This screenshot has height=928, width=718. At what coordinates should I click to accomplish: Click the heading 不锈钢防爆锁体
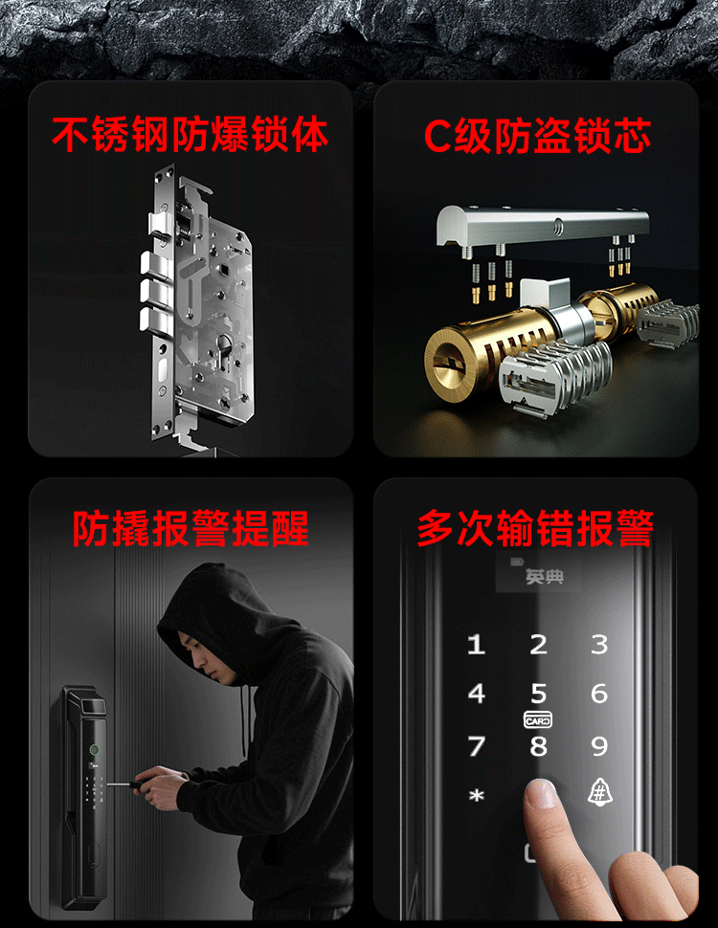point(190,134)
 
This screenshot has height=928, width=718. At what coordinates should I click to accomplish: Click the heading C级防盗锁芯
point(537,136)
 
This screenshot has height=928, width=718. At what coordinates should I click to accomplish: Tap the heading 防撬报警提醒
point(191,528)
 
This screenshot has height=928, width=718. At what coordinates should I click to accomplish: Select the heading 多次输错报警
point(535,528)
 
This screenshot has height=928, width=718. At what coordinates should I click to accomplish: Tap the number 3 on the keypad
point(599,644)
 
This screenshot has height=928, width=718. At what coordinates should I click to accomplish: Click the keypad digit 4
point(477,693)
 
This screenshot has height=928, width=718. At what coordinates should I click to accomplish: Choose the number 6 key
point(599,693)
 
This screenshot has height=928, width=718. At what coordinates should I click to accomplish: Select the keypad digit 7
point(477,745)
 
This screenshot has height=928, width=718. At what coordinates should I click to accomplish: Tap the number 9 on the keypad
point(599,745)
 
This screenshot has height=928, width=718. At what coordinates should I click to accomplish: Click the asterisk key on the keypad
point(477,796)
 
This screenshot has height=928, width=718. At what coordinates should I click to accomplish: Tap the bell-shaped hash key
point(599,791)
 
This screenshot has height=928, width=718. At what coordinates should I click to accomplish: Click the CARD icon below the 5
point(538,719)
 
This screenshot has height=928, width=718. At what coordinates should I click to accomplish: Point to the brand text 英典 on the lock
point(544,576)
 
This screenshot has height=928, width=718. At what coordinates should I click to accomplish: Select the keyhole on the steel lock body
point(225,345)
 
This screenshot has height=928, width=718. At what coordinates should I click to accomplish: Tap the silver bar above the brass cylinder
point(542,224)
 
